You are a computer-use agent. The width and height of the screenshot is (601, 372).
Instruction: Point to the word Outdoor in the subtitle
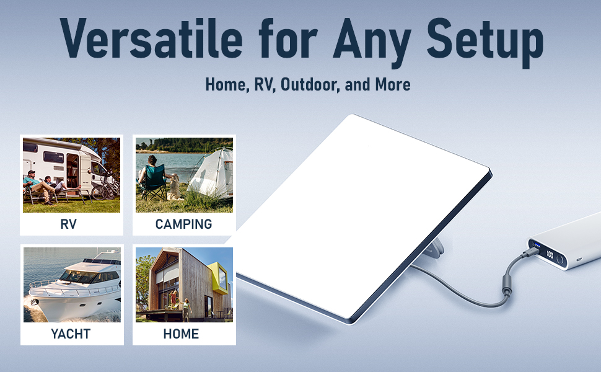pyautogui.click(x=309, y=84)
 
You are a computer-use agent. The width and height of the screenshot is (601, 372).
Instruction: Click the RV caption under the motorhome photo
pyautogui.click(x=69, y=224)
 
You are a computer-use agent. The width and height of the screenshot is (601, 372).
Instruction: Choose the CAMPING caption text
pyautogui.click(x=184, y=224)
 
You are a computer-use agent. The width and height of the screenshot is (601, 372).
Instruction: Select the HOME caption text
pyautogui.click(x=181, y=334)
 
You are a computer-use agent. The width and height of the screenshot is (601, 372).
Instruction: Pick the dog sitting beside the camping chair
pyautogui.click(x=175, y=186)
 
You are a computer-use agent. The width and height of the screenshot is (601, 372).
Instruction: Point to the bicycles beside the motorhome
pyautogui.click(x=106, y=188)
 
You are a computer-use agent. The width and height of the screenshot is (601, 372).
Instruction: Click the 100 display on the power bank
pyautogui.click(x=550, y=254)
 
